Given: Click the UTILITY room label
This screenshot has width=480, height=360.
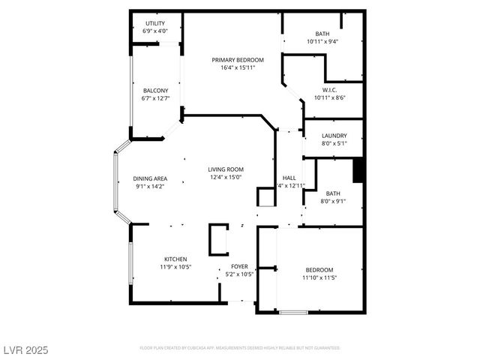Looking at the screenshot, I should pyautogui.click(x=154, y=23).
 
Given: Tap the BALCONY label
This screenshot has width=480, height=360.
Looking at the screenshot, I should pyautogui.click(x=155, y=90).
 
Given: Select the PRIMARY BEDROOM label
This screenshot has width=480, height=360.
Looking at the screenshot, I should pyautogui.click(x=238, y=60).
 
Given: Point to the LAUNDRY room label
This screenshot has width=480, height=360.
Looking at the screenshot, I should pyautogui.click(x=334, y=136).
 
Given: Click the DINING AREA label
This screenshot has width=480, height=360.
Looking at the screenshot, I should pyautogui.click(x=150, y=178).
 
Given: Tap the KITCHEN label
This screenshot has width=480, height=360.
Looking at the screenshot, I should pyautogui.click(x=175, y=259).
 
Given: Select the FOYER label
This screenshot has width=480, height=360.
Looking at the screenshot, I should pyautogui.click(x=239, y=266).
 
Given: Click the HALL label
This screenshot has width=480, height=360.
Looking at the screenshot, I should pyautogui.click(x=289, y=178).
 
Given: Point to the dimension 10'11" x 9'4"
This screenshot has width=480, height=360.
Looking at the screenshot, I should pyautogui.click(x=322, y=41).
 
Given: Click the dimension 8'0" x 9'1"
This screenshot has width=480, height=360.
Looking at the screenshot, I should pyautogui.click(x=333, y=200).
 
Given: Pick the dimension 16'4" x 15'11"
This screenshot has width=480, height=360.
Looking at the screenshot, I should pyautogui.click(x=238, y=67).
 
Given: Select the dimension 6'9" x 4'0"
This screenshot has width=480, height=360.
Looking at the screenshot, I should pyautogui.click(x=154, y=31).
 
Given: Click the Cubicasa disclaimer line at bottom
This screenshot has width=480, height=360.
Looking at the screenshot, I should pyautogui.click(x=240, y=348).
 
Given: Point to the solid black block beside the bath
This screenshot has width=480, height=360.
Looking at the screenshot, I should pyautogui.click(x=358, y=170).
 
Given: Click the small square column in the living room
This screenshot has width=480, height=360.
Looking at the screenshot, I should pyautogui.click(x=266, y=196).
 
